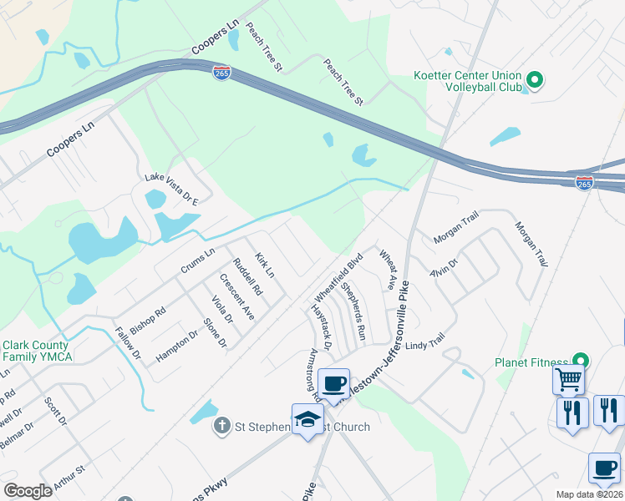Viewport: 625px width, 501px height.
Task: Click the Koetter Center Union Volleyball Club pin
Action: [x=534, y=80]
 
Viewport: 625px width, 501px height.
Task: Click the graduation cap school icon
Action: [x=307, y=418]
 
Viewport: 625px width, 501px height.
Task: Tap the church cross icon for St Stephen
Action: [x=221, y=427]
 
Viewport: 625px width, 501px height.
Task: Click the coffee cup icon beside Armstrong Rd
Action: [x=334, y=383]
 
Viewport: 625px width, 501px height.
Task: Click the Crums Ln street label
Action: [x=198, y=261]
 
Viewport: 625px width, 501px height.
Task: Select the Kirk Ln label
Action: [x=264, y=266]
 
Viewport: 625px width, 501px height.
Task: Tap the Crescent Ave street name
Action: [x=236, y=296]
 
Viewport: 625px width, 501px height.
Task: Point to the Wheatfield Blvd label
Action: [x=339, y=277]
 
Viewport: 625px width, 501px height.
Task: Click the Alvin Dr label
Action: [x=444, y=266]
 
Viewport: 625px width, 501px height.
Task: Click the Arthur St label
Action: [x=69, y=477]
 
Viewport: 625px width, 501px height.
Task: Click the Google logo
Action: [x=28, y=491]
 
